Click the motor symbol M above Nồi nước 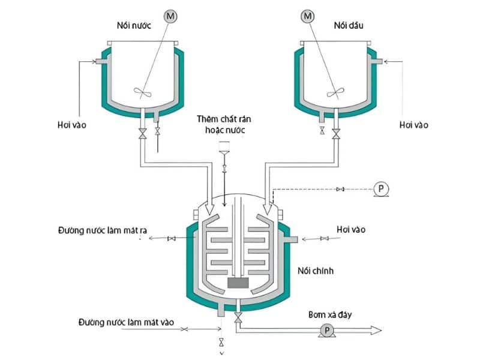coord(170,16)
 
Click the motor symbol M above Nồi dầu coord(308,16)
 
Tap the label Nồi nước coord(134,25)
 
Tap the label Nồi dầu coord(349,25)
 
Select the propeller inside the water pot coord(143,92)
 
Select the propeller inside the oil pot coord(335,92)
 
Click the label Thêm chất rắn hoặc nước coord(224,124)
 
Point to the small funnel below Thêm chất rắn coord(224,148)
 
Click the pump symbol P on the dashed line coord(381,188)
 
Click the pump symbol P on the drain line coord(327,331)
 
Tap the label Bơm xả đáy coord(330,314)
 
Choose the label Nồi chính coord(316,271)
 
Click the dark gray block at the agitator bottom coord(238,283)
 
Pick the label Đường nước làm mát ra coord(103,230)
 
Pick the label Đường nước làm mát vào coord(126,322)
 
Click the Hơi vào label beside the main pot coord(351,229)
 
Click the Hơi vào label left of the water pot coord(72,125)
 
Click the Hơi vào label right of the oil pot coord(414,125)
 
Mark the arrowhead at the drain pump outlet coord(376,331)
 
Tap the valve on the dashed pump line coord(340,189)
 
